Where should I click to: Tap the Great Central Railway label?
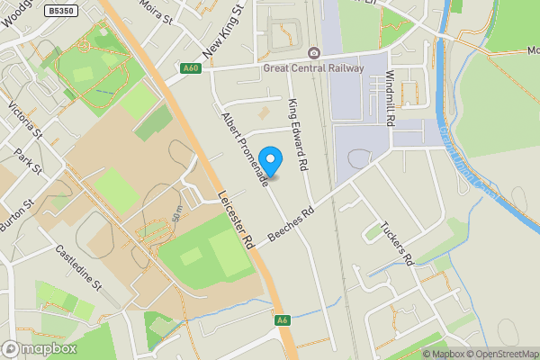click(313, 67)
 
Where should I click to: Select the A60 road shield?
click(189, 67)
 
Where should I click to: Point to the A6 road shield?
click(283, 319)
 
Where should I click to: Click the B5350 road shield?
click(59, 10)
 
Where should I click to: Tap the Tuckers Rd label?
click(396, 243)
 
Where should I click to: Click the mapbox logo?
click(40, 349)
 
